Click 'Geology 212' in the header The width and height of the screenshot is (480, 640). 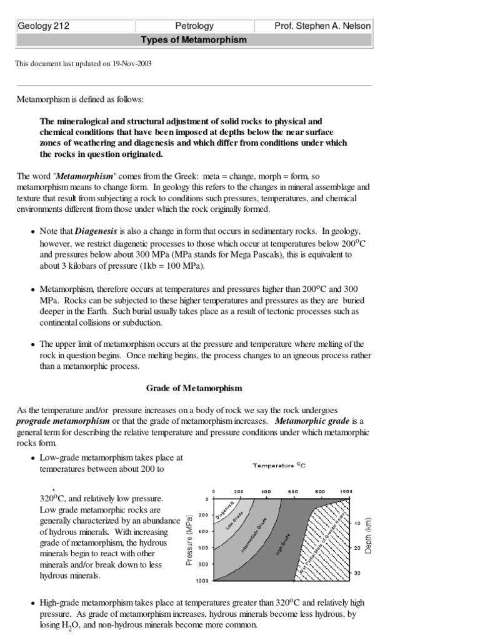click(43, 26)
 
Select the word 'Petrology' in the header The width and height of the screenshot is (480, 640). click(194, 26)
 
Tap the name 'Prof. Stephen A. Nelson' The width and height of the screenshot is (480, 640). click(322, 26)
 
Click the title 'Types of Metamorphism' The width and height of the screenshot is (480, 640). click(194, 40)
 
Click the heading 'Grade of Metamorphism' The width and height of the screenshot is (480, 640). click(194, 388)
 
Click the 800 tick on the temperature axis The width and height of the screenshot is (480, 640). click(320, 492)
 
